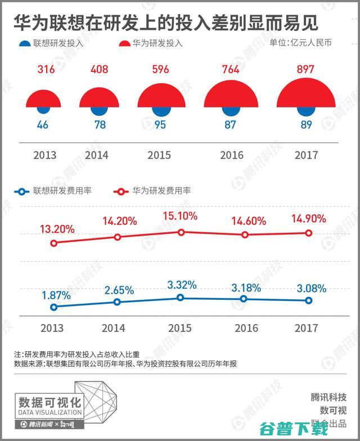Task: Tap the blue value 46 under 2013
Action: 43,124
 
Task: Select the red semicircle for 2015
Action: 161,96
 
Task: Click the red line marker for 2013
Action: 54,243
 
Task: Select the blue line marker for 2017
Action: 308,300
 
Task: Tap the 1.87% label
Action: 56,295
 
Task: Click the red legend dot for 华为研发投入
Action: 124,43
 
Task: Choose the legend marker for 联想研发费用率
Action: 21,191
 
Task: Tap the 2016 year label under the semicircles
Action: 230,155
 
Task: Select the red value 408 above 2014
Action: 100,70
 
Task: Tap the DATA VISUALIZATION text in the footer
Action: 50,413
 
